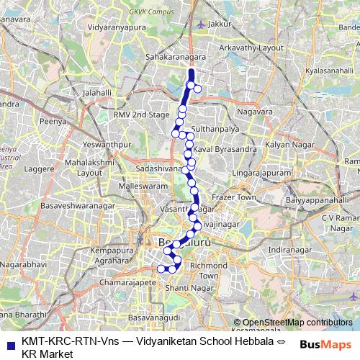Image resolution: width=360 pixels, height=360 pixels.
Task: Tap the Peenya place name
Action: click(x=54, y=122)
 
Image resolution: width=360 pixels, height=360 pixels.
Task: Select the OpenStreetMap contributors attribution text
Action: click(x=297, y=323)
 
